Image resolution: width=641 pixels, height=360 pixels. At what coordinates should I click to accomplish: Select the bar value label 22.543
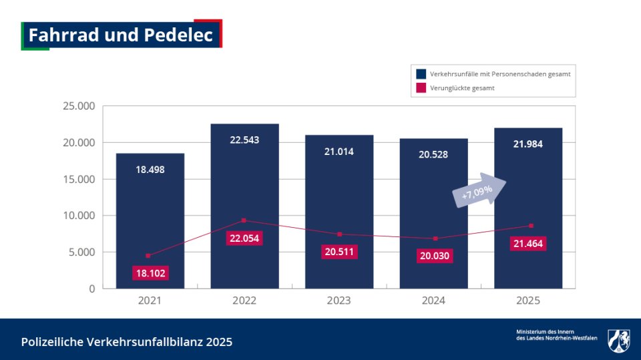click(244, 140)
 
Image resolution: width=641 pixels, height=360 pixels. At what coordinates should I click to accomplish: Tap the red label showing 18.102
click(150, 273)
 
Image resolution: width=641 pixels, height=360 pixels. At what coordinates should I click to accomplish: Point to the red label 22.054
click(244, 238)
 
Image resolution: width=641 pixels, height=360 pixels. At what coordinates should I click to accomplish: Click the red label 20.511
click(339, 252)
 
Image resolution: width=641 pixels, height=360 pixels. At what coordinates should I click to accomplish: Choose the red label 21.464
click(528, 244)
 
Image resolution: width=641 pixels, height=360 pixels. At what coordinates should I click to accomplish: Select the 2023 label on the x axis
click(339, 301)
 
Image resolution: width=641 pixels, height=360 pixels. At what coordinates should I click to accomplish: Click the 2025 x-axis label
click(528, 301)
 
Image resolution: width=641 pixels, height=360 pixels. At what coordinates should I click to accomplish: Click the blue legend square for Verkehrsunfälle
click(421, 74)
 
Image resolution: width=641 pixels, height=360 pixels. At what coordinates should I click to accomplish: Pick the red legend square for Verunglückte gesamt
click(421, 87)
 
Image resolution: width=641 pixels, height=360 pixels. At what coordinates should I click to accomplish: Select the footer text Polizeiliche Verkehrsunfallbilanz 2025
click(127, 342)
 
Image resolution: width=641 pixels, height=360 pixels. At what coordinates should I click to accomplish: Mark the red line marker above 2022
click(244, 220)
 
